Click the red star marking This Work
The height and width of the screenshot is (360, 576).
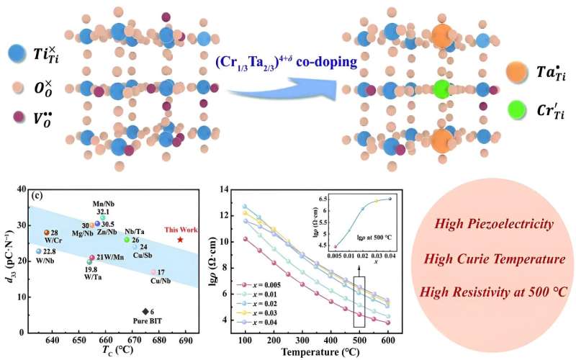coord(180,240)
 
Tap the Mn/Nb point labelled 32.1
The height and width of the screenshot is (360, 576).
coord(103,217)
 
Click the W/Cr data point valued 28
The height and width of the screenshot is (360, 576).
coord(46,233)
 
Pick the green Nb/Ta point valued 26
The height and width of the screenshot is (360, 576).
coord(127,240)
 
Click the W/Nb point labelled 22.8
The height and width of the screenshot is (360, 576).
coord(39,251)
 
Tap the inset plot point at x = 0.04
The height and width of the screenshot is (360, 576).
coord(390,199)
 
